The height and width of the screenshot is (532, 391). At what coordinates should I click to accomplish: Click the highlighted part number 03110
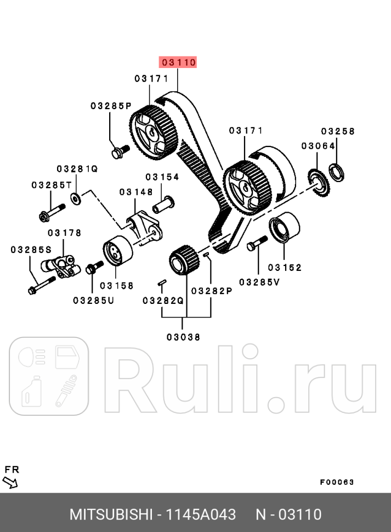[x=177, y=63]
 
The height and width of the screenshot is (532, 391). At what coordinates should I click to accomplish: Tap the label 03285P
[x=111, y=106]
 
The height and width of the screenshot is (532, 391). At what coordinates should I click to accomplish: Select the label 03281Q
[x=77, y=169]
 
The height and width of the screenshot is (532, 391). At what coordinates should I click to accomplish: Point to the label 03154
[x=162, y=177]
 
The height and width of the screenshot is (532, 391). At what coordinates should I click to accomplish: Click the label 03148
[x=136, y=191]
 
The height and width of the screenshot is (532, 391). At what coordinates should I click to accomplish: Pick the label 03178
[x=64, y=233]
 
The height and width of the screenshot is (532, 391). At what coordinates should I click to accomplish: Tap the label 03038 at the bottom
[x=183, y=337]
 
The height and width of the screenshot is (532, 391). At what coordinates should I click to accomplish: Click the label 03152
[x=285, y=268]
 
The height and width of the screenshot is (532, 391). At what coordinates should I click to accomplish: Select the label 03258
[x=338, y=132]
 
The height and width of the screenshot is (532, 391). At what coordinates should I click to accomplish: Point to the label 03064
[x=318, y=145]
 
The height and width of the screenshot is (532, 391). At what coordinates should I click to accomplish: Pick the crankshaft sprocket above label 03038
[x=183, y=262]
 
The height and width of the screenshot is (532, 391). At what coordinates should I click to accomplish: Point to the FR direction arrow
[x=10, y=483]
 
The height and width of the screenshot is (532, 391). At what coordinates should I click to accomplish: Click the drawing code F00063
[x=337, y=482]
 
